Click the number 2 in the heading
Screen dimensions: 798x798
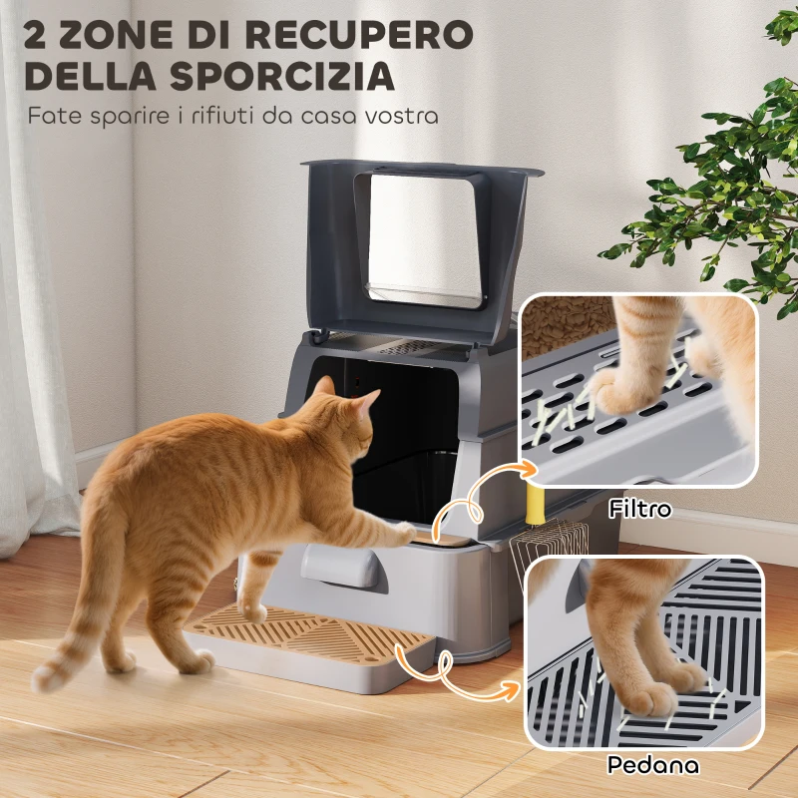coord(41,33)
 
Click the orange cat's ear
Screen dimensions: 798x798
coord(365,400)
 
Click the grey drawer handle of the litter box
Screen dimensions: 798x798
coord(345,565)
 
